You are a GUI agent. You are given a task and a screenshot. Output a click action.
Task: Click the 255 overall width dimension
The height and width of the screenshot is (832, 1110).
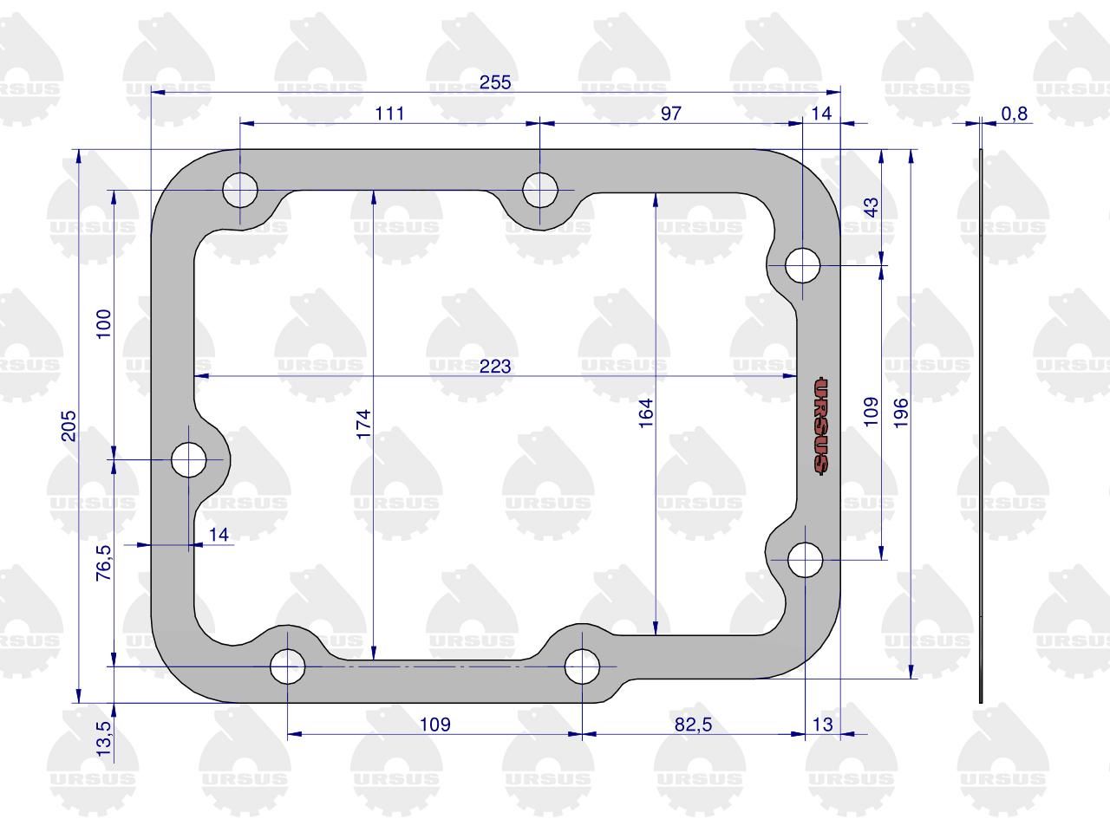click(495, 81)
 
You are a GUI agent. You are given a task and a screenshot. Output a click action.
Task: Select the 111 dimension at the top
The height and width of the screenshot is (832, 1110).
click(389, 114)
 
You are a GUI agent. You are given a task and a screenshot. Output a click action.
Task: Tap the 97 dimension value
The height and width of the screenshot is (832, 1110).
click(670, 114)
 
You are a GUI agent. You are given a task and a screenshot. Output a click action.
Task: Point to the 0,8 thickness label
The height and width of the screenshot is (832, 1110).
click(1015, 114)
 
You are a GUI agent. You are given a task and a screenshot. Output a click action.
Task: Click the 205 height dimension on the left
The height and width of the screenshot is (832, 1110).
click(69, 426)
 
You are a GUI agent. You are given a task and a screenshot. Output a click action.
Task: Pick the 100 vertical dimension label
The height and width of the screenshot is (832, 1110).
click(103, 324)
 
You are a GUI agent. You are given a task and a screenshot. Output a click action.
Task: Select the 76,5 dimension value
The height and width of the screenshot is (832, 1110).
click(103, 562)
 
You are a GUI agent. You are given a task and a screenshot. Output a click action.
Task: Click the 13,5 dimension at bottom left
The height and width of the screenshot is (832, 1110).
click(103, 738)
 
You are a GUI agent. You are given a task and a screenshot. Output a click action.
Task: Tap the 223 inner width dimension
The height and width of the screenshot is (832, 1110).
click(495, 367)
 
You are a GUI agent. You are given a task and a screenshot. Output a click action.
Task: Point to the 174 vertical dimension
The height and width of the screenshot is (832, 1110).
click(363, 425)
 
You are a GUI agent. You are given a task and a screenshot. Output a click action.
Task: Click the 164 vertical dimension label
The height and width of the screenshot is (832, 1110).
click(646, 413)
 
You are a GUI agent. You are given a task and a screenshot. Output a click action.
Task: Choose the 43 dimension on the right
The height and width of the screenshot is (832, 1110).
click(872, 207)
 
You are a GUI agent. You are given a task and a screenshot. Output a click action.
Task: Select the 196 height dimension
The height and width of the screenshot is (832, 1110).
click(901, 413)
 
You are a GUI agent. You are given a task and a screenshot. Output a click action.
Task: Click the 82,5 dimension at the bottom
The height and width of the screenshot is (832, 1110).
click(693, 725)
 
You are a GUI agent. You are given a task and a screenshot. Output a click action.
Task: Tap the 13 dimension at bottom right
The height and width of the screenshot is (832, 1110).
click(822, 725)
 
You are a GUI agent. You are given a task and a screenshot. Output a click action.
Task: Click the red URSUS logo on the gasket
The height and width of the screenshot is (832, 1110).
click(820, 426)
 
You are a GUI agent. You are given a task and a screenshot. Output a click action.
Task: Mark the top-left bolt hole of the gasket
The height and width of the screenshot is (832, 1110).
click(240, 190)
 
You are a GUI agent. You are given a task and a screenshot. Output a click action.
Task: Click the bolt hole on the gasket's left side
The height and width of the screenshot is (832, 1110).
click(189, 459)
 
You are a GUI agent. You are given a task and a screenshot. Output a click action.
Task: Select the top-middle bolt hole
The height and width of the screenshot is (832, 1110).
click(540, 190)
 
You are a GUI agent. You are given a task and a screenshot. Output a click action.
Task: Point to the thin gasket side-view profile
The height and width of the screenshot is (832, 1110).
click(981, 426)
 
